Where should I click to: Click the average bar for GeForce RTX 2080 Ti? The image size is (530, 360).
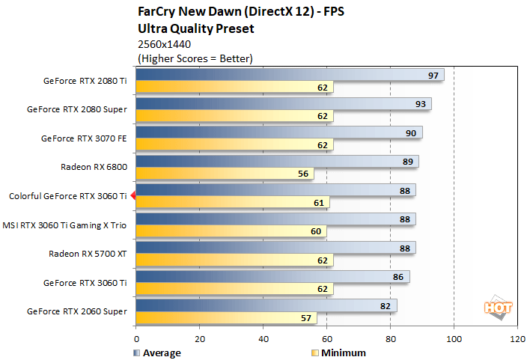290,75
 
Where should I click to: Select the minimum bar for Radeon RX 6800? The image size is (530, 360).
225,174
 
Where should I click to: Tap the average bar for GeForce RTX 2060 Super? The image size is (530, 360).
266,305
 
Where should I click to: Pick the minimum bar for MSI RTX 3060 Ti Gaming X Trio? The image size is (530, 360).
231,231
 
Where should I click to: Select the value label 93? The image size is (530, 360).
421,104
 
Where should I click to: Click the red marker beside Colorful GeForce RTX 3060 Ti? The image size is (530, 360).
132,196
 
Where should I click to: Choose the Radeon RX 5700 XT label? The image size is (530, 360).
88,253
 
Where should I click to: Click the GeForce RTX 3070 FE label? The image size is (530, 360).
84,138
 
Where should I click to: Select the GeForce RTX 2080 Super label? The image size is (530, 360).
77,109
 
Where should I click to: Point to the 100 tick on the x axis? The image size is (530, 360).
454,338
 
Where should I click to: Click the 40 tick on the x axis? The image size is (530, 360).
263,338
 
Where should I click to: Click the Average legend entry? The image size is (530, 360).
156,353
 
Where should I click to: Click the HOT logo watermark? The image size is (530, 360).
495,308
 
